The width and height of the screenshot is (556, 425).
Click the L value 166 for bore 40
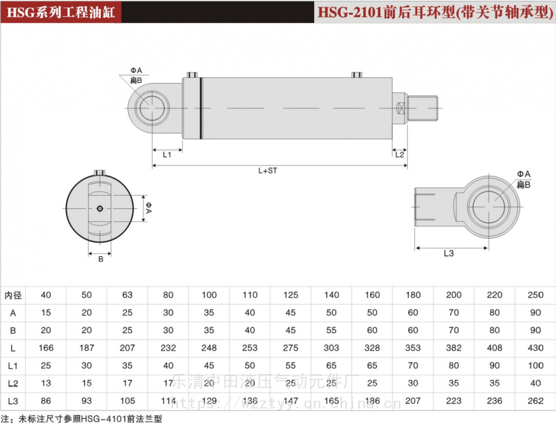(46, 348)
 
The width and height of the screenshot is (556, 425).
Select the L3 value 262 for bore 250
(535, 401)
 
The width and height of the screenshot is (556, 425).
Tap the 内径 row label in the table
(13, 295)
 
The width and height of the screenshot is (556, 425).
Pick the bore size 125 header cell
(291, 295)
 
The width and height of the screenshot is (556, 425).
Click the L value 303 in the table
(331, 348)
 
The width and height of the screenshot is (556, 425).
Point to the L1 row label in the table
(13, 366)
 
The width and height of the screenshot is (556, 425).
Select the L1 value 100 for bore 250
(535, 366)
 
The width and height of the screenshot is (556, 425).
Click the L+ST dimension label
(267, 171)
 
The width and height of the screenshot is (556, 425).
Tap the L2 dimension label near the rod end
(399, 154)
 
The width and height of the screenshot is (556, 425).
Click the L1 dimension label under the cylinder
(167, 155)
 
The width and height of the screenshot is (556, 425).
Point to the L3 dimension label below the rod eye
(449, 253)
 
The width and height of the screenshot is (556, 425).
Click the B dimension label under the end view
(101, 259)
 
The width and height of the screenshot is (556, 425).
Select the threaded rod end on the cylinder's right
(424, 108)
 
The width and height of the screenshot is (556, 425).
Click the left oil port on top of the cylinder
(192, 75)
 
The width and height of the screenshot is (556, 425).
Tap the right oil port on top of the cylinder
(356, 75)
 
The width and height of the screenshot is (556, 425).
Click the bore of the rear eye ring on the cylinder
(153, 108)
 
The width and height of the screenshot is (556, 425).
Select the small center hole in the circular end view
(100, 209)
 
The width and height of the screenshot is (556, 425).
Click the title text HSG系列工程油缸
(61, 12)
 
